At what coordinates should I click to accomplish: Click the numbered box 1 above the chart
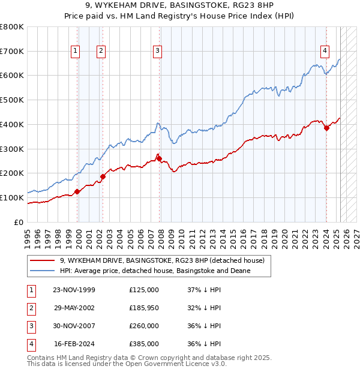click(x=76, y=52)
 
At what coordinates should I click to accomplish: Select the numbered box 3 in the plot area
click(x=157, y=52)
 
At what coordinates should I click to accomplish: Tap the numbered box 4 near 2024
click(x=325, y=52)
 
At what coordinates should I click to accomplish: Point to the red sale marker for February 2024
click(x=326, y=127)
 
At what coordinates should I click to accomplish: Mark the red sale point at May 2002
click(x=103, y=176)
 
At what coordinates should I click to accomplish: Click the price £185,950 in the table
click(x=144, y=308)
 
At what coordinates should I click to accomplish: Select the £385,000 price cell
click(x=144, y=344)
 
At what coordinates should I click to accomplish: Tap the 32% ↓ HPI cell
click(x=204, y=308)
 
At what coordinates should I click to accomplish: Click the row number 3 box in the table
click(x=31, y=326)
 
